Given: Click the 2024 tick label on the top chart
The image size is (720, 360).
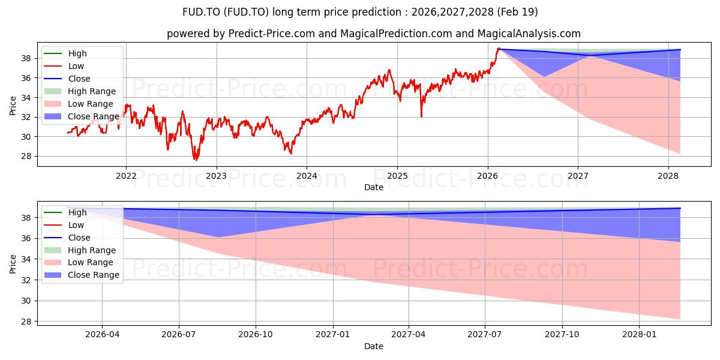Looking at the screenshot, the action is pyautogui.click(x=307, y=176).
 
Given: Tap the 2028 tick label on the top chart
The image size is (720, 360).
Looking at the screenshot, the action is pyautogui.click(x=668, y=176).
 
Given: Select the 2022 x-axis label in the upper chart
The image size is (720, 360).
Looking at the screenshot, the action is pyautogui.click(x=126, y=176).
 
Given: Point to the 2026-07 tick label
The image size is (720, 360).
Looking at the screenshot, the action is pyautogui.click(x=179, y=334).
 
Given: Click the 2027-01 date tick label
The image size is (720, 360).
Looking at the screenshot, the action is pyautogui.click(x=332, y=334).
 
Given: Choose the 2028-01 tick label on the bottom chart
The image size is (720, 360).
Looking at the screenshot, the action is pyautogui.click(x=639, y=334).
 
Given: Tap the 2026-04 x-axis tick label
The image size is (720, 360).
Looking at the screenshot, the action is pyautogui.click(x=102, y=334).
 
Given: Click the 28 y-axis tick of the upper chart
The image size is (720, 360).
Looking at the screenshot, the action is pyautogui.click(x=26, y=157).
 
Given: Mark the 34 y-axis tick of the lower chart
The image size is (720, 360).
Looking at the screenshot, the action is pyautogui.click(x=26, y=259).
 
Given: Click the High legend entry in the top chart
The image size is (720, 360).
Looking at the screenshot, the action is pyautogui.click(x=65, y=53).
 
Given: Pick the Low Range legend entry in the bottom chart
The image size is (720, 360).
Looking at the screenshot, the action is pyautogui.click(x=79, y=262).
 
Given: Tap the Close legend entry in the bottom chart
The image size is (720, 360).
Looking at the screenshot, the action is pyautogui.click(x=67, y=238).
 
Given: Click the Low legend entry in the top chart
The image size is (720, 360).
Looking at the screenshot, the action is pyautogui.click(x=64, y=66).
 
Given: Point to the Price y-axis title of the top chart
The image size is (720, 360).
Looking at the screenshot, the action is pyautogui.click(x=13, y=106).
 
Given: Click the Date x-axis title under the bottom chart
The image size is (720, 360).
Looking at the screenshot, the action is pyautogui.click(x=373, y=346).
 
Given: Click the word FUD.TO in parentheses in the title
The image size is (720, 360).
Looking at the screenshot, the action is pyautogui.click(x=245, y=12).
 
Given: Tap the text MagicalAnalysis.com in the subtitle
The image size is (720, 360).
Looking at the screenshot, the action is pyautogui.click(x=529, y=34).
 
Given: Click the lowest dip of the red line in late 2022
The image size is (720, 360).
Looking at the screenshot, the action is pyautogui.click(x=196, y=160).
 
